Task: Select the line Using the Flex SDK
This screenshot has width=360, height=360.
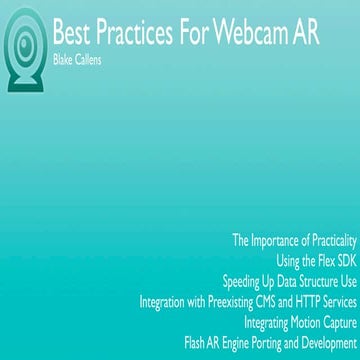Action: coord(316,260)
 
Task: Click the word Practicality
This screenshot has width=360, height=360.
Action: coord(326,241)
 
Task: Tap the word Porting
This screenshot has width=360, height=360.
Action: coord(262,342)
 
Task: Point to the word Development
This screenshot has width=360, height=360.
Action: coord(324,342)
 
